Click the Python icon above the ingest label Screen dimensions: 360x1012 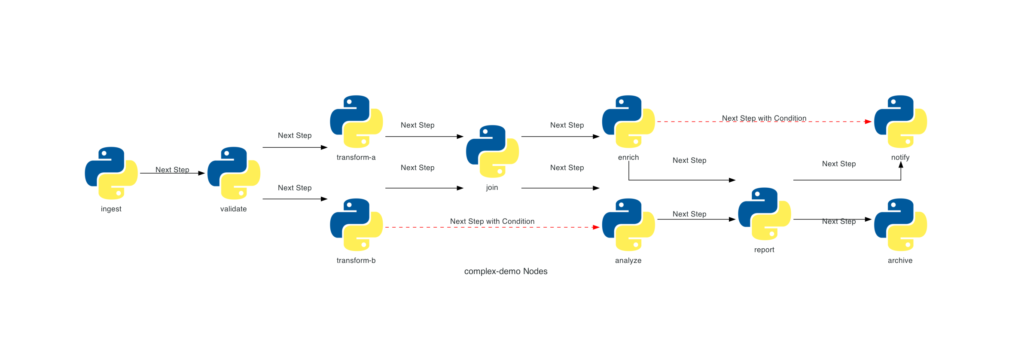pyautogui.click(x=111, y=173)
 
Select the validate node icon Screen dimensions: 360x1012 pyautogui.click(x=234, y=173)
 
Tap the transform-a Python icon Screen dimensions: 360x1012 pyautogui.click(x=356, y=122)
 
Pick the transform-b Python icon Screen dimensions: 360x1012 pyautogui.click(x=356, y=225)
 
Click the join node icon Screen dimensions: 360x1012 pyautogui.click(x=492, y=151)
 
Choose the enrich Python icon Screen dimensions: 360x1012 pyautogui.click(x=628, y=122)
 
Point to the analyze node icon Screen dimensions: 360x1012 pyautogui.click(x=628, y=225)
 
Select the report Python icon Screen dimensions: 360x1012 pyautogui.click(x=764, y=214)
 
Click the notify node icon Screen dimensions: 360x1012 pyautogui.click(x=900, y=122)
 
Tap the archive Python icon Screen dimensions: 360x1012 pyautogui.click(x=900, y=225)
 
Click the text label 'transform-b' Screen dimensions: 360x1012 pyautogui.click(x=356, y=260)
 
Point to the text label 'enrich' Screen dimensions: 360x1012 pyautogui.click(x=628, y=157)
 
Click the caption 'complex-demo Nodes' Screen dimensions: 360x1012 pyautogui.click(x=506, y=271)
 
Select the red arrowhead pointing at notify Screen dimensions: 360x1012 pyautogui.click(x=868, y=122)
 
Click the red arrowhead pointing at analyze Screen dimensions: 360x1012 pyautogui.click(x=596, y=227)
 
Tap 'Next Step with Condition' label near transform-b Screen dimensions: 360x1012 pyautogui.click(x=492, y=221)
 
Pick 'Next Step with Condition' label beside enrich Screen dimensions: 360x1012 pyautogui.click(x=764, y=118)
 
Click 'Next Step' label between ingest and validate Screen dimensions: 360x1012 pyautogui.click(x=172, y=170)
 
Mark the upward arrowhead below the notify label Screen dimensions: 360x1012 pyautogui.click(x=901, y=165)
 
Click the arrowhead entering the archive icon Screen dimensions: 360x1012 pyautogui.click(x=868, y=219)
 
